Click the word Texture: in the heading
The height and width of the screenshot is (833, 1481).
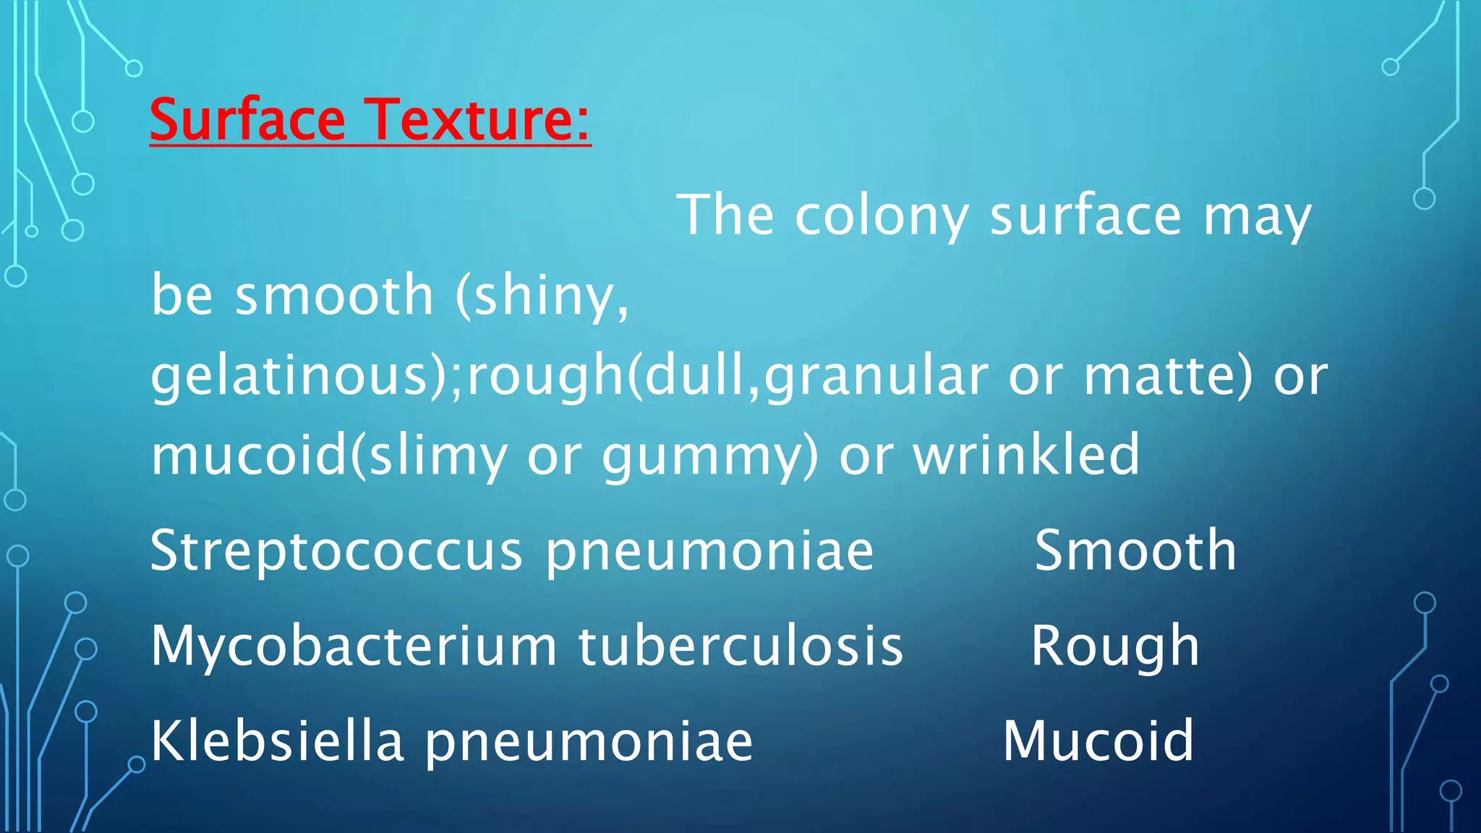(x=477, y=119)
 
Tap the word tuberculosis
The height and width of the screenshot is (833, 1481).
(x=740, y=646)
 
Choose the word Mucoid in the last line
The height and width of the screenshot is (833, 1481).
(x=1098, y=741)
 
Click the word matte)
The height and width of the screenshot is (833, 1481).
(x=1167, y=376)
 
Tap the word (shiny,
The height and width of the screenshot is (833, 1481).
(x=542, y=296)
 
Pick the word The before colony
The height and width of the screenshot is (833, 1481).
(x=725, y=215)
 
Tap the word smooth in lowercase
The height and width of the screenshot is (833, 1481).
(x=334, y=296)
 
